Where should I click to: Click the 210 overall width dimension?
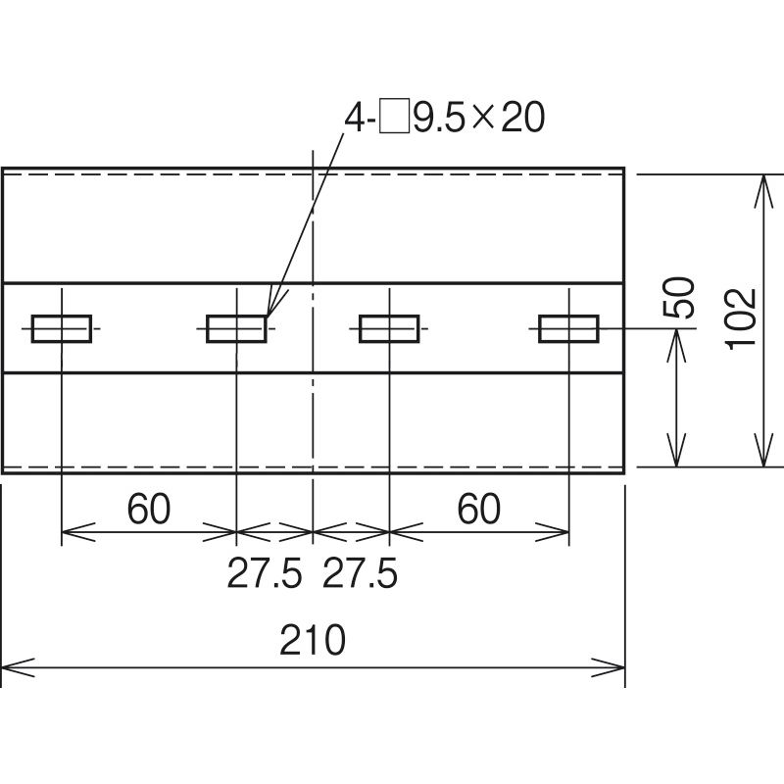point(313,640)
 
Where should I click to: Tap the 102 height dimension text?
point(741,319)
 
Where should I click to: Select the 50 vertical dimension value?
point(679,298)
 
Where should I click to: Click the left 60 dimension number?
point(149,509)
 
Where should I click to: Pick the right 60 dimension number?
point(479,509)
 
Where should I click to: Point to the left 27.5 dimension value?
point(265,573)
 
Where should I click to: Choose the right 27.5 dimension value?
point(360,573)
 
